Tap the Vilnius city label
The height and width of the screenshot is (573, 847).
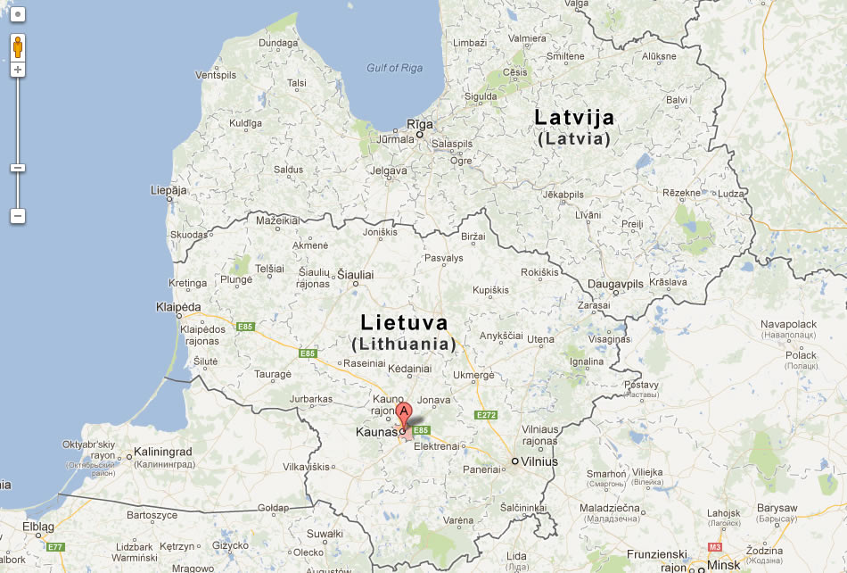pos(539,461)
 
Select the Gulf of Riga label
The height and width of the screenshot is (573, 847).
pos(395,68)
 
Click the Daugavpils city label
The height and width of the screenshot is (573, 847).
pos(615,284)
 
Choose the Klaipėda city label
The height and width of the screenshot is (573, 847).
pos(178,305)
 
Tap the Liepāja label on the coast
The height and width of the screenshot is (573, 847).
pos(169,190)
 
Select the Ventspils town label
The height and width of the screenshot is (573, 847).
pos(216,75)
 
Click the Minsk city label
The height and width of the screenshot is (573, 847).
pos(723,564)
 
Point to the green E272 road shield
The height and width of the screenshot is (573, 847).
pos(486,415)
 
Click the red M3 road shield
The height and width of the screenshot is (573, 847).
pos(714,546)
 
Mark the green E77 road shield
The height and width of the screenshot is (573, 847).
pos(55,546)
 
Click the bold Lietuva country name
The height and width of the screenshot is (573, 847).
pos(404,323)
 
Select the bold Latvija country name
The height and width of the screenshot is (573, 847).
pos(574,117)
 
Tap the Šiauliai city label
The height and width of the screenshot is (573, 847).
pos(355,275)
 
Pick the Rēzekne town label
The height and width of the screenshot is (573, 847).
pos(681,193)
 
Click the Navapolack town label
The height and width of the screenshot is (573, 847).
pos(788,324)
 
